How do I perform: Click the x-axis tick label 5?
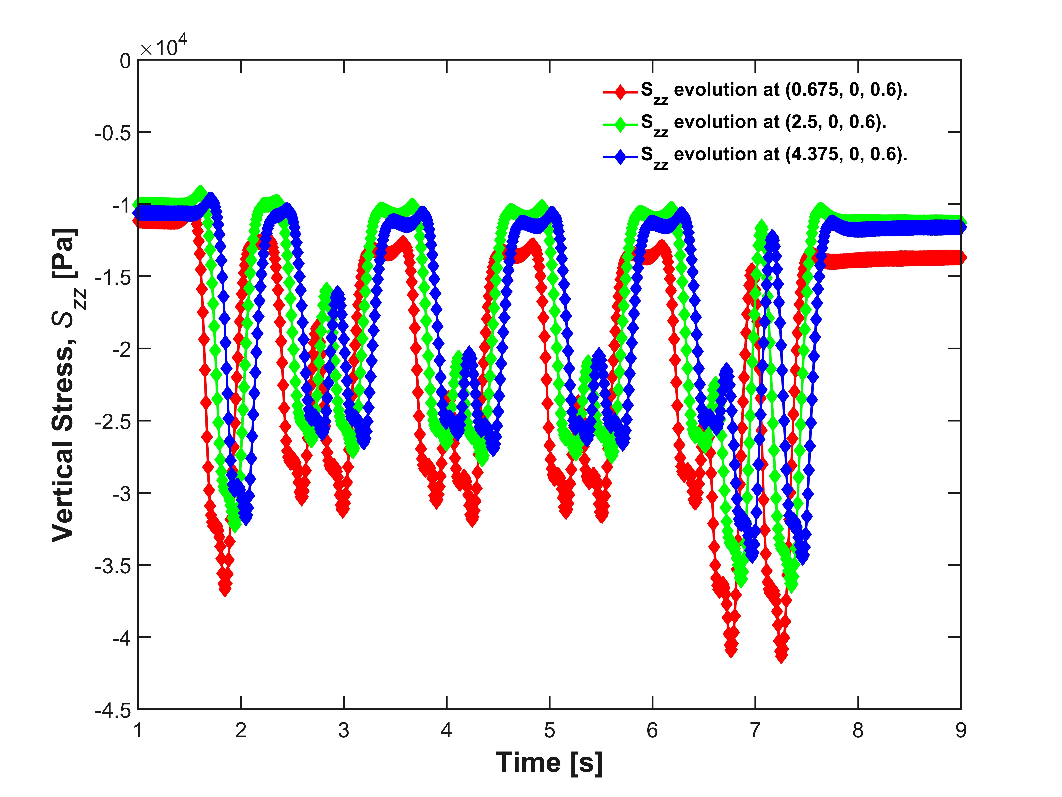click(x=549, y=731)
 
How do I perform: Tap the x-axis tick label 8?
click(x=858, y=731)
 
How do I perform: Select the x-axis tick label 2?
click(x=241, y=731)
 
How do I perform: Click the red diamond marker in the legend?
click(x=620, y=91)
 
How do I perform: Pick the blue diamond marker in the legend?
click(x=620, y=156)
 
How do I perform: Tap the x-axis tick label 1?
click(x=138, y=731)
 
